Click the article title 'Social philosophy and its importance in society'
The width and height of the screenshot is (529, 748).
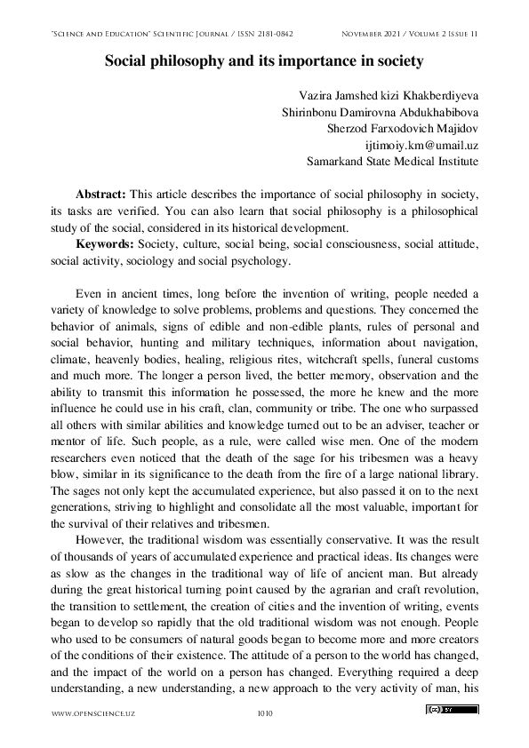(x=264, y=62)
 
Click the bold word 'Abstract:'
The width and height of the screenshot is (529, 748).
(x=102, y=195)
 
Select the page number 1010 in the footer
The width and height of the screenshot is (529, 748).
(x=264, y=712)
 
